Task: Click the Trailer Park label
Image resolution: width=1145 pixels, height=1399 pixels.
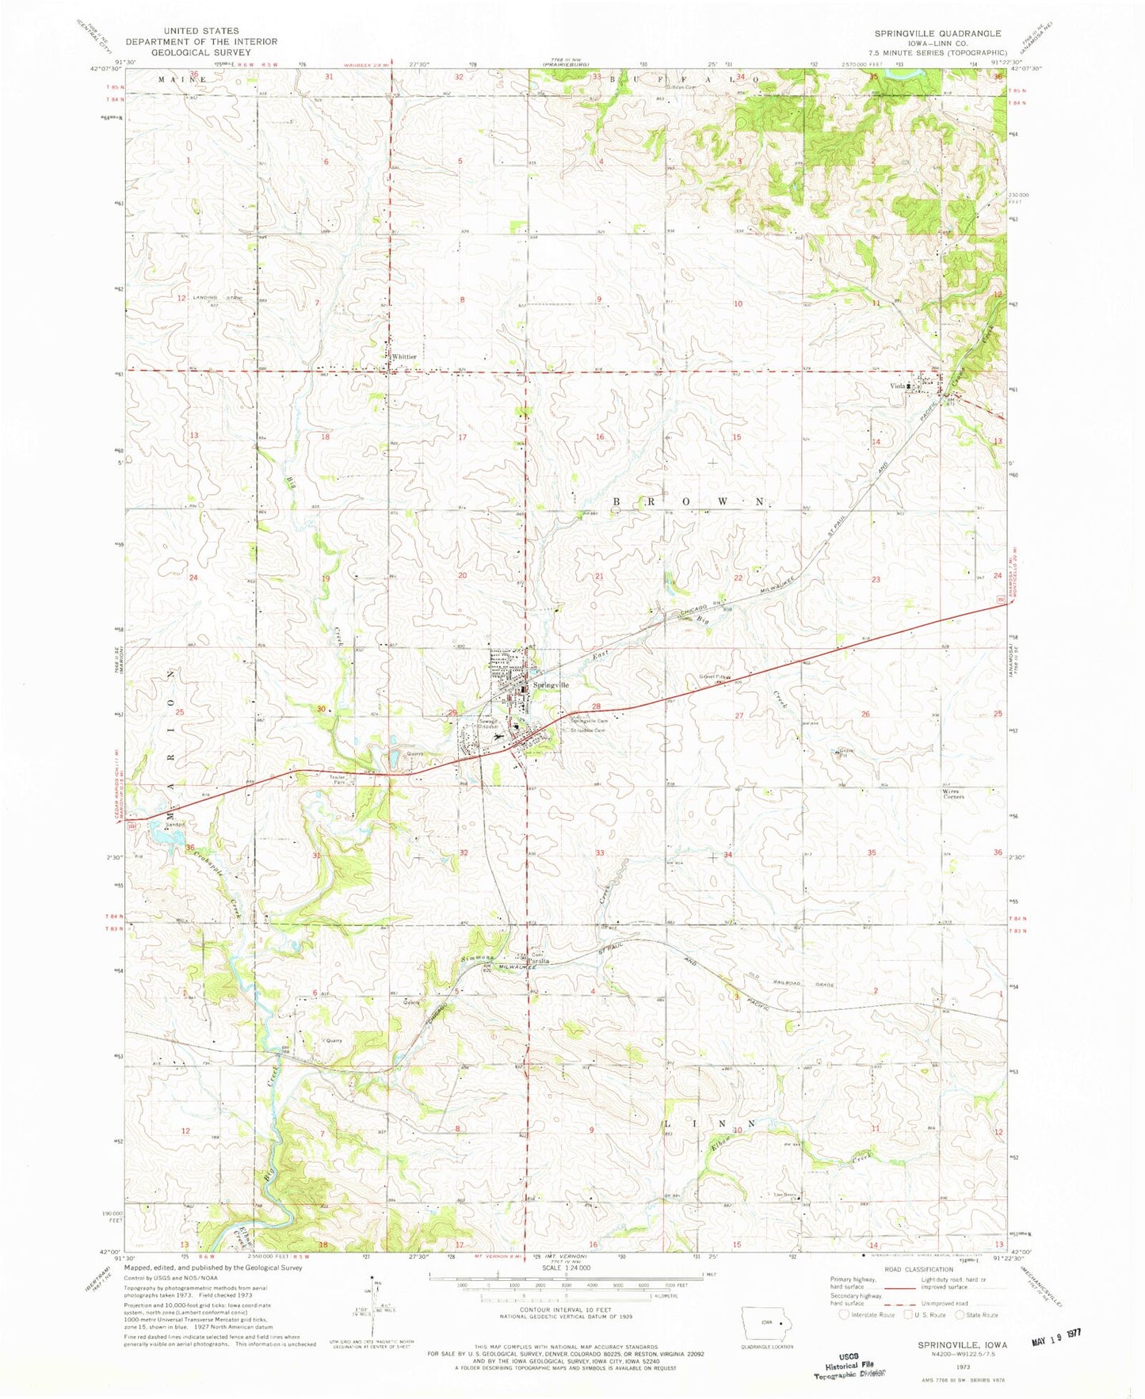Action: pyautogui.click(x=340, y=780)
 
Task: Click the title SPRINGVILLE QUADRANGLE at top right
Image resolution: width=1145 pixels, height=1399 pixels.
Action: pyautogui.click(x=937, y=33)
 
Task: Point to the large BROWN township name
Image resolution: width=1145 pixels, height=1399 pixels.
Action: pyautogui.click(x=689, y=502)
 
